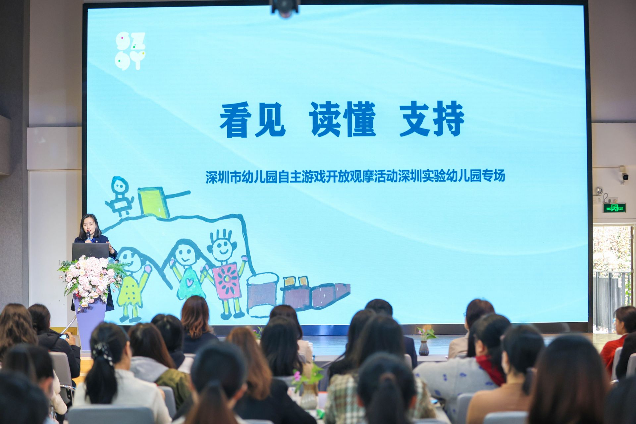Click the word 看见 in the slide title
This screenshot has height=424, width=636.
pyautogui.click(x=252, y=120)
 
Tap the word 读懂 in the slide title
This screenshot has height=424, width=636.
pyautogui.click(x=343, y=120)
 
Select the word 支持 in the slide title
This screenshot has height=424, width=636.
pyautogui.click(x=432, y=120)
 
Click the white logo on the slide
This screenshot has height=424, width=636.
pyautogui.click(x=131, y=51)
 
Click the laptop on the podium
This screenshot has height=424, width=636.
pyautogui.click(x=90, y=251)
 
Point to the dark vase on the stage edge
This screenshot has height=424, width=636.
pyautogui.click(x=424, y=348)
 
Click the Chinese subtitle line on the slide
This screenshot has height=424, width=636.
pyautogui.click(x=355, y=176)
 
